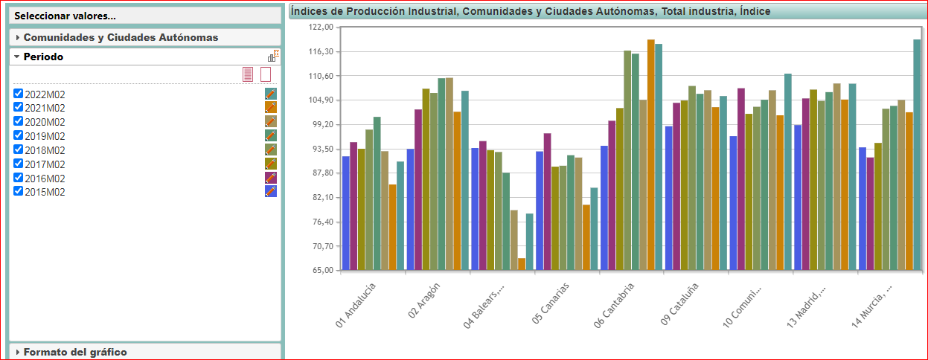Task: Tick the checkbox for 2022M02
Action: [19, 94]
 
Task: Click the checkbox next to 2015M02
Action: [19, 191]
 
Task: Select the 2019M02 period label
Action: [45, 136]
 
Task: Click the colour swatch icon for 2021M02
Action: [271, 108]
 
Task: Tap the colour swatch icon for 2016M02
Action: [271, 178]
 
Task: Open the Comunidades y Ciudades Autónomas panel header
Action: [121, 37]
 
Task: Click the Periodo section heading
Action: [43, 57]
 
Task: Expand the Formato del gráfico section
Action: [75, 352]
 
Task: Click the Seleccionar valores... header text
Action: [65, 16]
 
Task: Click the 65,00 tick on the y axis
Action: [324, 271]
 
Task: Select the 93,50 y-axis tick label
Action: [324, 149]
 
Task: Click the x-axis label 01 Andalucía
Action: [356, 305]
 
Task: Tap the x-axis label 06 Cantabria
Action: [614, 305]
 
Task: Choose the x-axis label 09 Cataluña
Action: [679, 305]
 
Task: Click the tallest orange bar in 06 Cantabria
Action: [651, 155]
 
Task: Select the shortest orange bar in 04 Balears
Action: [522, 264]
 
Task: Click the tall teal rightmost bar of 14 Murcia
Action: [917, 155]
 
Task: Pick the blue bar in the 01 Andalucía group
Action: [346, 213]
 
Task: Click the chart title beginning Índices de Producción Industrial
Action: [531, 11]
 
